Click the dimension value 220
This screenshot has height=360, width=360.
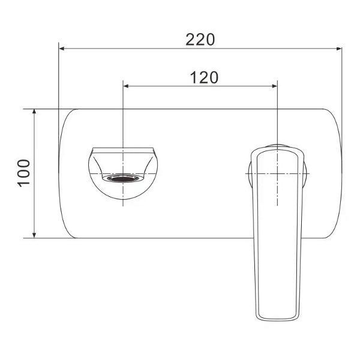[200, 40]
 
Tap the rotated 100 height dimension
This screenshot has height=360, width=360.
[23, 173]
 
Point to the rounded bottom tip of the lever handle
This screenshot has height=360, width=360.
[277, 318]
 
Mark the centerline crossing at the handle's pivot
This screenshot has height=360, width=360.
[277, 173]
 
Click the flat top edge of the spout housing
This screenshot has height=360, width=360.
[123, 146]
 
